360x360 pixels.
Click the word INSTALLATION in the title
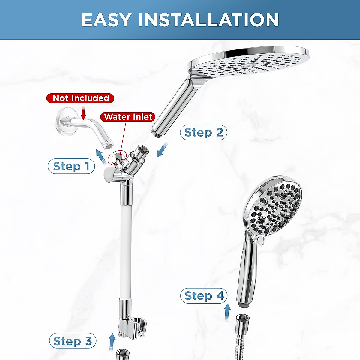(208, 20)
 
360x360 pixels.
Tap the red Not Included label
(80, 98)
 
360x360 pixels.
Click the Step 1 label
(71, 166)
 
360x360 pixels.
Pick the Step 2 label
(203, 132)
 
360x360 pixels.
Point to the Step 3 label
(73, 341)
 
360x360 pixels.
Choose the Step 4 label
(204, 296)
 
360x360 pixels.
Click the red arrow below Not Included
(83, 113)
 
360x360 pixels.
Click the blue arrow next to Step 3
(112, 340)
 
